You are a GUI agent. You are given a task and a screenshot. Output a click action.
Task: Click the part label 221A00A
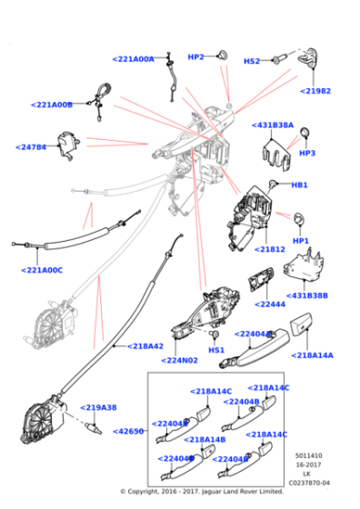click(x=134, y=59)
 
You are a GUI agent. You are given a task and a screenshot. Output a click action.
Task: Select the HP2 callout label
click(x=195, y=56)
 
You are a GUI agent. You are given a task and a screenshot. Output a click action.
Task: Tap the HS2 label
click(x=252, y=61)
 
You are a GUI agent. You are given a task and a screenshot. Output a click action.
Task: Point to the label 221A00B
click(x=52, y=105)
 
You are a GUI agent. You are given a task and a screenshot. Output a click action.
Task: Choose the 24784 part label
click(x=32, y=146)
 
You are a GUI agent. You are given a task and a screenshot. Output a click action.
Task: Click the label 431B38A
click(x=273, y=125)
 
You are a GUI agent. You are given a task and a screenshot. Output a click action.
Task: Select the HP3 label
click(x=306, y=153)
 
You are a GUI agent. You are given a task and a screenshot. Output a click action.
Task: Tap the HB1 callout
click(x=299, y=185)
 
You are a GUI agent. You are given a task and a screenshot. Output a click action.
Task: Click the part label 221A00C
click(x=42, y=269)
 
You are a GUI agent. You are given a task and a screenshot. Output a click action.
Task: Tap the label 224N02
click(x=181, y=359)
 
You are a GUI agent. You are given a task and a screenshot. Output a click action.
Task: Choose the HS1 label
click(x=216, y=350)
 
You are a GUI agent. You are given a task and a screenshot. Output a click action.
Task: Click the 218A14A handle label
click(x=313, y=355)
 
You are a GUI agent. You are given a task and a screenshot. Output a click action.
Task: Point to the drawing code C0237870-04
click(x=309, y=483)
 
